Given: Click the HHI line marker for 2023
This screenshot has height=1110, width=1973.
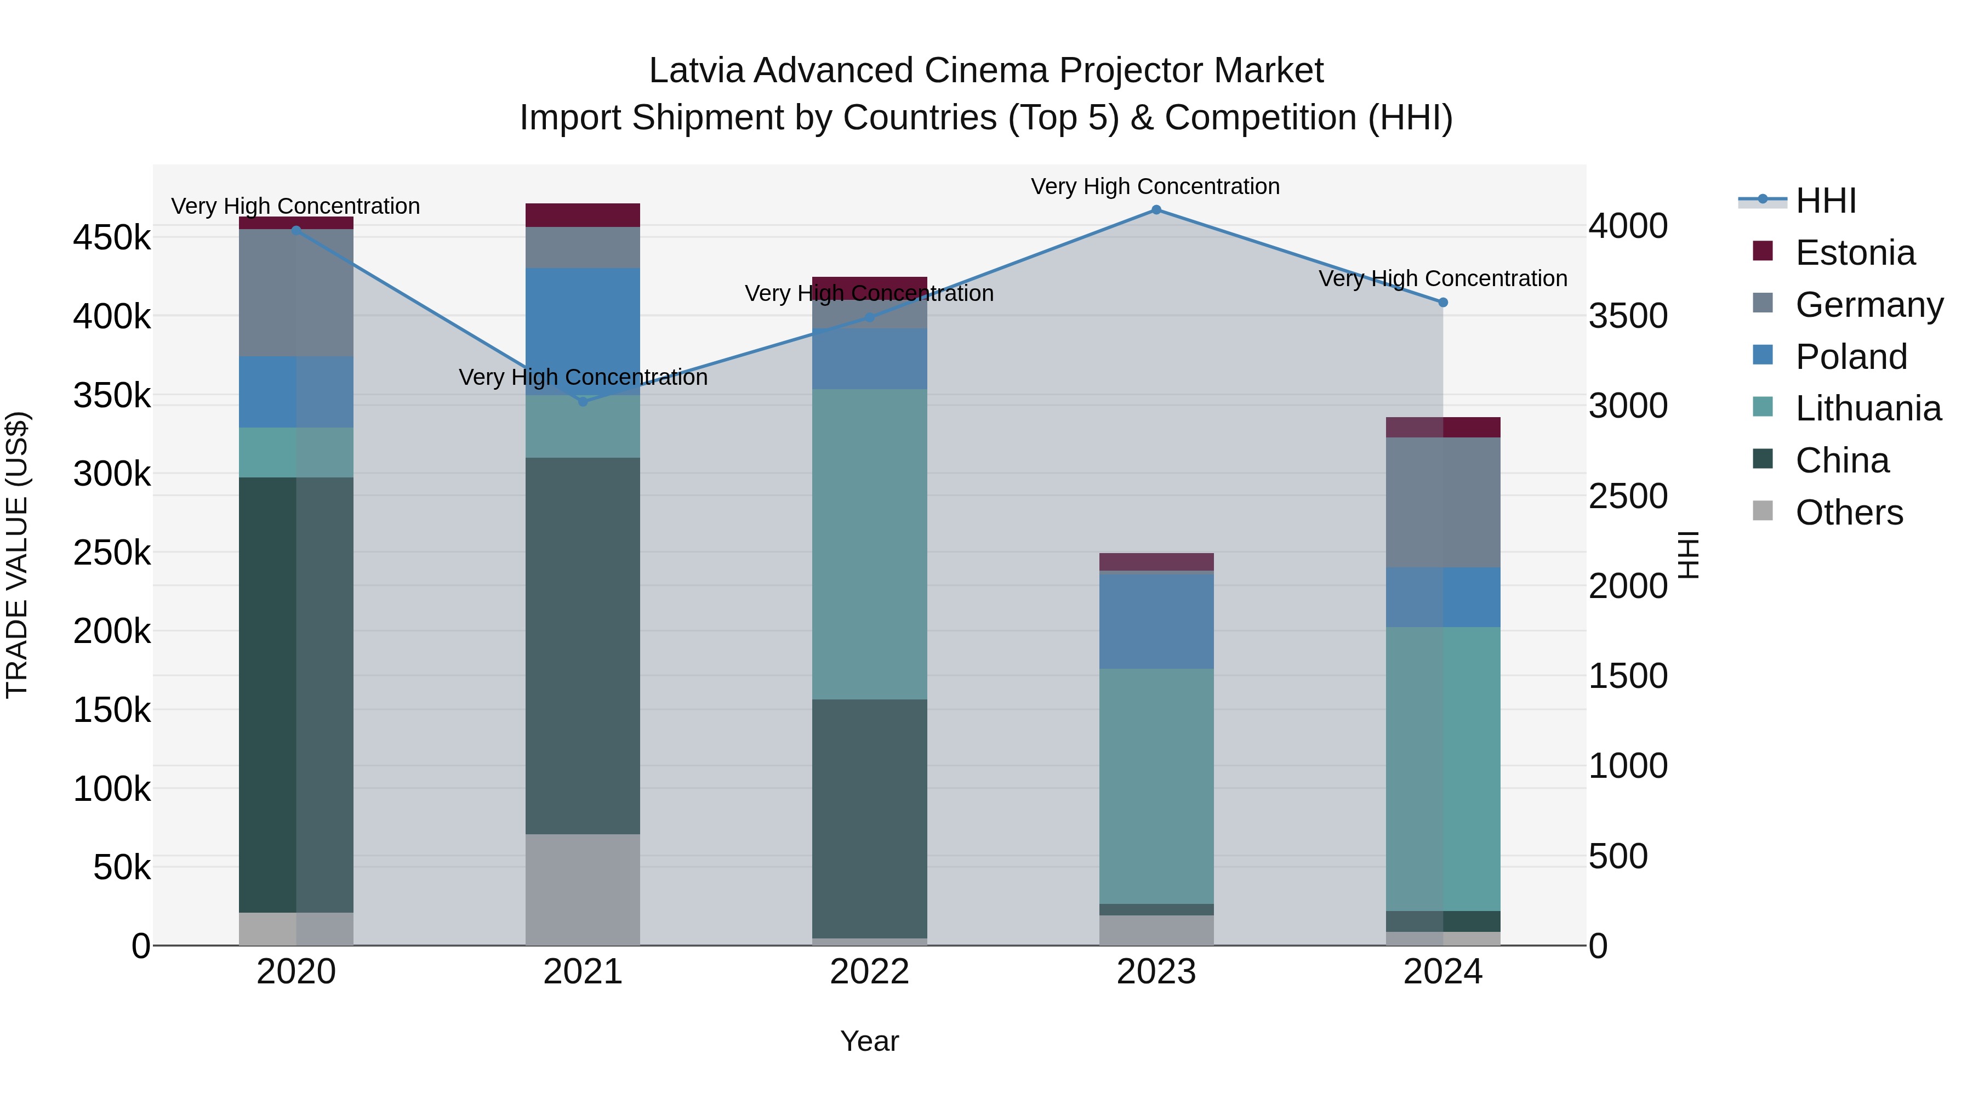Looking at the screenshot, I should (1156, 210).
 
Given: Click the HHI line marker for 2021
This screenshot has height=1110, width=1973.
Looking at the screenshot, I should (583, 401).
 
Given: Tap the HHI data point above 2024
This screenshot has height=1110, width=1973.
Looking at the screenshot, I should (1443, 303).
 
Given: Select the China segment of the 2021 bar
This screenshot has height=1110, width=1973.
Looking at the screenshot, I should (583, 646).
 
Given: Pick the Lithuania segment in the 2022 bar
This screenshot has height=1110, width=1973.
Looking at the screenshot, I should (869, 544).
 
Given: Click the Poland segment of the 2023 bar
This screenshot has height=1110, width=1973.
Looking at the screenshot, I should (1156, 621).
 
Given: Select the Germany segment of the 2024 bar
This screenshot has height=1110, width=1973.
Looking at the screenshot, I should (1443, 503).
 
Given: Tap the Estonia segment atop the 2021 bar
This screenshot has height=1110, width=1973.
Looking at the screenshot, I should (583, 215).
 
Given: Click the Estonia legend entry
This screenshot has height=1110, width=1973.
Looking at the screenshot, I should (1854, 253).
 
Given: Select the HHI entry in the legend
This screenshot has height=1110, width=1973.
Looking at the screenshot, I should (1825, 201).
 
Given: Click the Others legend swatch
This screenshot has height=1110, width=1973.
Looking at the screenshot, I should (1763, 511).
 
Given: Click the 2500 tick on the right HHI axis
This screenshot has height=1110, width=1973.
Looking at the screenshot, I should (1628, 497).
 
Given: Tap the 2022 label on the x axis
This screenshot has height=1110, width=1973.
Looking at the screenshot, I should (869, 972).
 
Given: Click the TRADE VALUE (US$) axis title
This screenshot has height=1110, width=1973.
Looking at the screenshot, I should (17, 555).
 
